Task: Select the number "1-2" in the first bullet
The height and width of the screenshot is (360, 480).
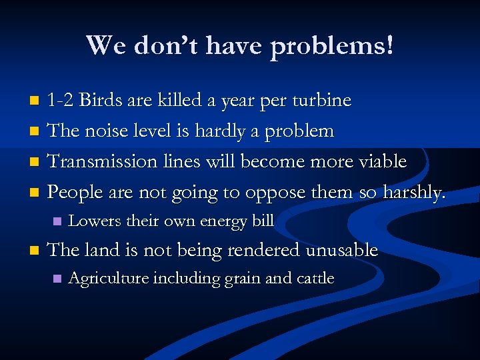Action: pyautogui.click(x=61, y=101)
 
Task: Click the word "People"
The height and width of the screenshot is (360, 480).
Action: pyautogui.click(x=75, y=193)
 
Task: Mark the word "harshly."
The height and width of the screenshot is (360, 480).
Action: pyautogui.click(x=413, y=193)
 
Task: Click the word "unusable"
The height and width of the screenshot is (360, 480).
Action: pyautogui.click(x=341, y=251)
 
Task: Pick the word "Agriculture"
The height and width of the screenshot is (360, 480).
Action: pyautogui.click(x=109, y=279)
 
